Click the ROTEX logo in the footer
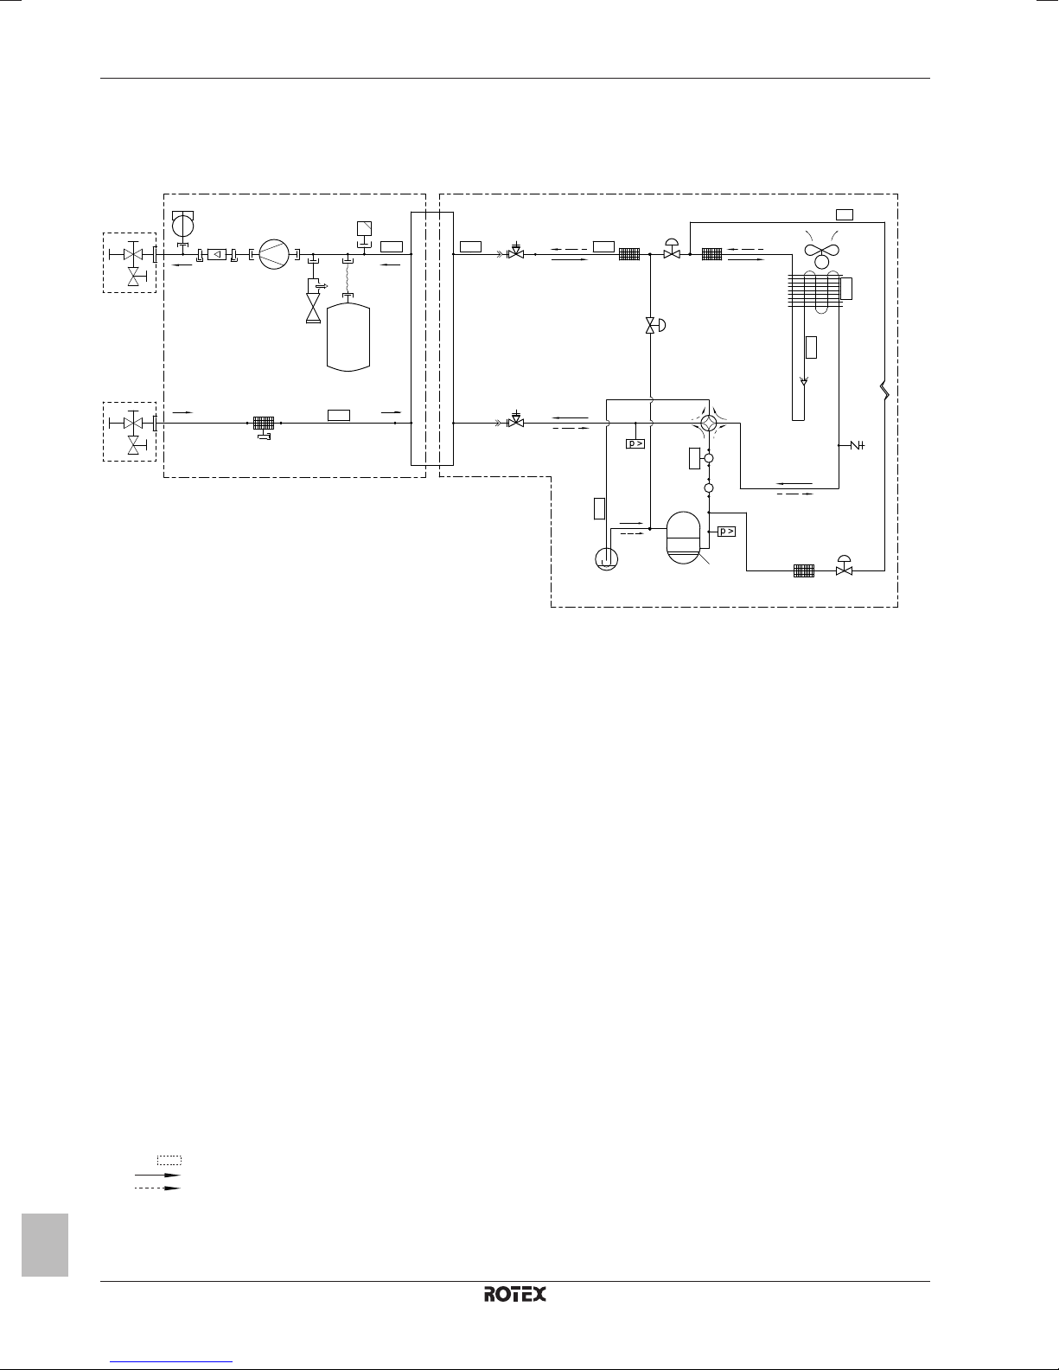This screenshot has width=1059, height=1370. [515, 1294]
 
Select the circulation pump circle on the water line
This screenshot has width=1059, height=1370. [274, 255]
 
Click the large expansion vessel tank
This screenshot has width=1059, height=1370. [348, 337]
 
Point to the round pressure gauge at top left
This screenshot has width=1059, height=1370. [182, 225]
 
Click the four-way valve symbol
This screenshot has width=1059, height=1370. [709, 423]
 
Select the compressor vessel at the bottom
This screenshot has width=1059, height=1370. [683, 537]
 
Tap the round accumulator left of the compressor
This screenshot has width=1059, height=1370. [606, 558]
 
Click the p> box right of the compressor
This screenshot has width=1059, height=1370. [727, 532]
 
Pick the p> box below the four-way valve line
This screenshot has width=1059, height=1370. [635, 444]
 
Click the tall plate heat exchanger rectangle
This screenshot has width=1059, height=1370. [431, 339]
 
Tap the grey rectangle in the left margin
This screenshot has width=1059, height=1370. [45, 1245]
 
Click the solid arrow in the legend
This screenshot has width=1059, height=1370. [157, 1176]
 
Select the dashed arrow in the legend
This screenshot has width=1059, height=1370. [157, 1188]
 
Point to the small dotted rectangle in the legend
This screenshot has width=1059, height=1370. [169, 1160]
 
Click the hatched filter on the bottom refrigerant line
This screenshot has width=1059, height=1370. [804, 570]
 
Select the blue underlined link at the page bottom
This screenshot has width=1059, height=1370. [171, 1361]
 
